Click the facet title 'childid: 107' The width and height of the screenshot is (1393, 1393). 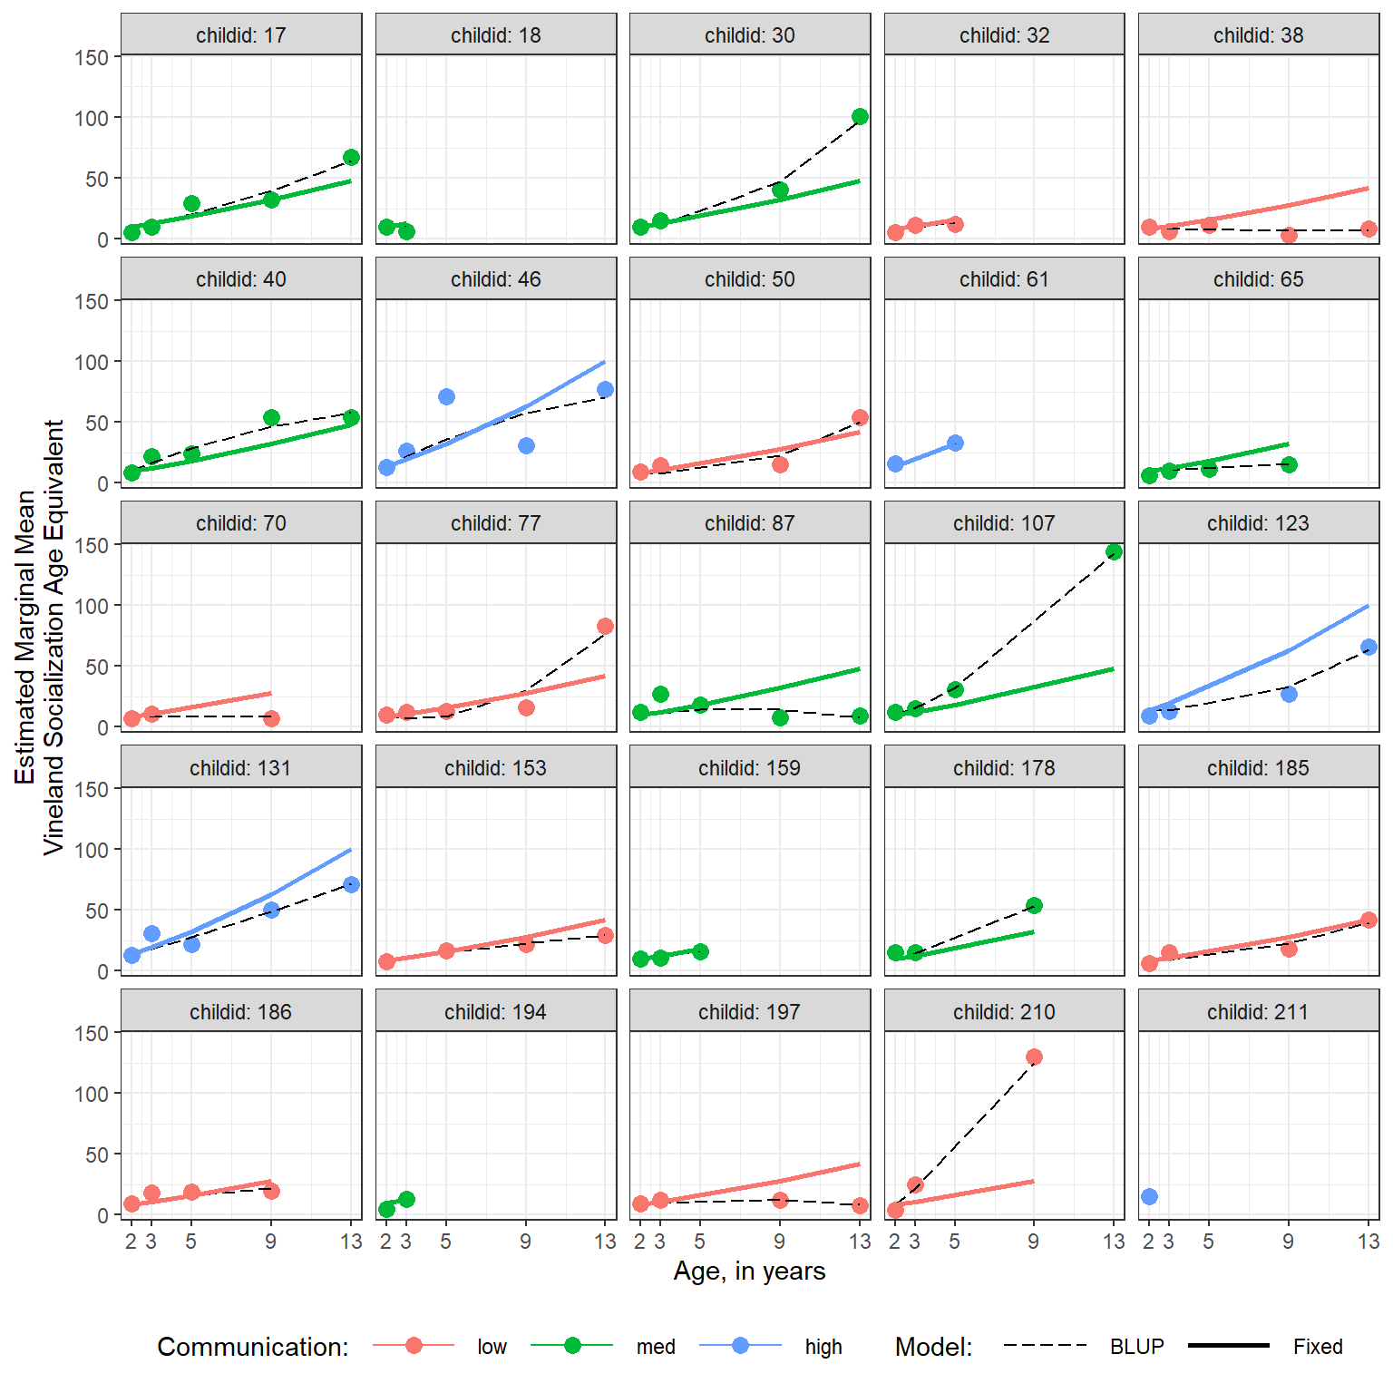pos(1004,523)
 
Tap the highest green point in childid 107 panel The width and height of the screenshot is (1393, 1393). pos(1114,552)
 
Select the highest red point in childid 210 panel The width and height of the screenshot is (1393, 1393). pos(1034,1057)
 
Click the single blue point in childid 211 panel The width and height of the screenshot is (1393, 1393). pos(1149,1197)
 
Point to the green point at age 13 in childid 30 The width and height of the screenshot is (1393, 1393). pos(860,117)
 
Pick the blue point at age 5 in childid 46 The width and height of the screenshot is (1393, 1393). pos(446,397)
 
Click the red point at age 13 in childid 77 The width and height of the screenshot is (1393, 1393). pos(605,627)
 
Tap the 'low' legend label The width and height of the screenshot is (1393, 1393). pos(492,1347)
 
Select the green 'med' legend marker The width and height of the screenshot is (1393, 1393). pos(572,1346)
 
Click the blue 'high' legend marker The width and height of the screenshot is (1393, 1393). pos(740,1346)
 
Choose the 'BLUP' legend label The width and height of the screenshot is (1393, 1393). pos(1136,1347)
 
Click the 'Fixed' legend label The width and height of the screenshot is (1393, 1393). pos(1317,1347)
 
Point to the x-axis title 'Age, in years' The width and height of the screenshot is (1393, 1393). pos(749,1271)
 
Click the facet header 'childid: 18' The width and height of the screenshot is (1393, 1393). pos(495,35)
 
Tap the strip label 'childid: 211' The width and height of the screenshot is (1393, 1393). pos(1258,1012)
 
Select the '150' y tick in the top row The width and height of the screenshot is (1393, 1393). pos(92,57)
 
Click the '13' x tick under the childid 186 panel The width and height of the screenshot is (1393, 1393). pos(351,1242)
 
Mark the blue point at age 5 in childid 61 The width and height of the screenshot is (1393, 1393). pos(955,443)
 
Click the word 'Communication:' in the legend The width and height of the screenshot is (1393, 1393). pos(252,1347)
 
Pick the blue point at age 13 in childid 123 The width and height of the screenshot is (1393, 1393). pos(1369,648)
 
